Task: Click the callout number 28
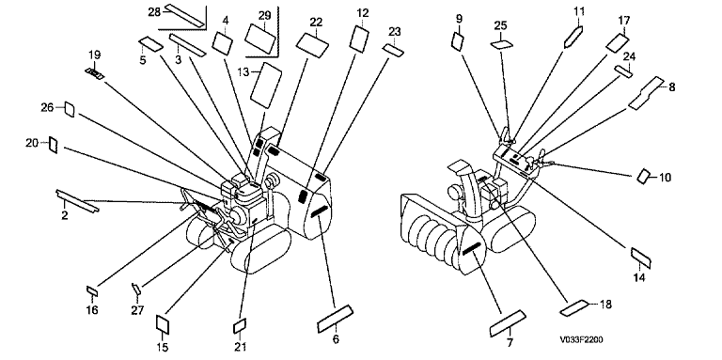pyautogui.click(x=154, y=12)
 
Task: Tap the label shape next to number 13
pyautogui.click(x=266, y=85)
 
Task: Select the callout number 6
pyautogui.click(x=336, y=339)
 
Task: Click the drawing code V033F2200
pyautogui.click(x=582, y=340)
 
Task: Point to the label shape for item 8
pyautogui.click(x=647, y=94)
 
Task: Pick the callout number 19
pyautogui.click(x=94, y=55)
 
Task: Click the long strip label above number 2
pyautogui.click(x=77, y=201)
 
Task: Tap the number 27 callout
pyautogui.click(x=137, y=310)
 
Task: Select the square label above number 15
pyautogui.click(x=164, y=324)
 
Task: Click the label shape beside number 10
pyautogui.click(x=643, y=176)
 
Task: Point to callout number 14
pyautogui.click(x=639, y=277)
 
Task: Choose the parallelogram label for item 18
pyautogui.click(x=573, y=308)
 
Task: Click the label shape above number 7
pyautogui.click(x=507, y=323)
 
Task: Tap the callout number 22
pyautogui.click(x=316, y=23)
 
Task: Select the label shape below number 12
pyautogui.click(x=360, y=38)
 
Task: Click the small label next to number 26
pyautogui.click(x=69, y=109)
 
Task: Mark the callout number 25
pyautogui.click(x=500, y=25)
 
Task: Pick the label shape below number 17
pyautogui.click(x=617, y=42)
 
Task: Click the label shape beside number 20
pyautogui.click(x=54, y=145)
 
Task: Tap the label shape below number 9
pyautogui.click(x=457, y=40)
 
